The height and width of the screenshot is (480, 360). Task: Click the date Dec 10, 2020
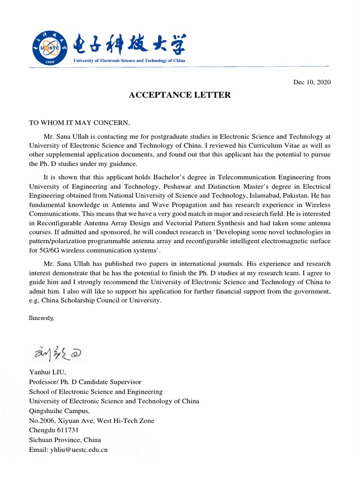[x=312, y=82]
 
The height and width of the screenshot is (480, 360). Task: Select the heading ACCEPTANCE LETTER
[x=180, y=95]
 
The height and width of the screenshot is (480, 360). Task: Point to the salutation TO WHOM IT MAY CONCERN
[x=79, y=123]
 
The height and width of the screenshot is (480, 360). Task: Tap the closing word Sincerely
[x=41, y=318]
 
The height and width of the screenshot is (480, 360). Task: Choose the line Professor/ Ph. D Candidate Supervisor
[x=85, y=382]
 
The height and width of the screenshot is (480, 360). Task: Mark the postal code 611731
[x=67, y=430]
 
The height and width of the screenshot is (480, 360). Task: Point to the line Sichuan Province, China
[x=65, y=440]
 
